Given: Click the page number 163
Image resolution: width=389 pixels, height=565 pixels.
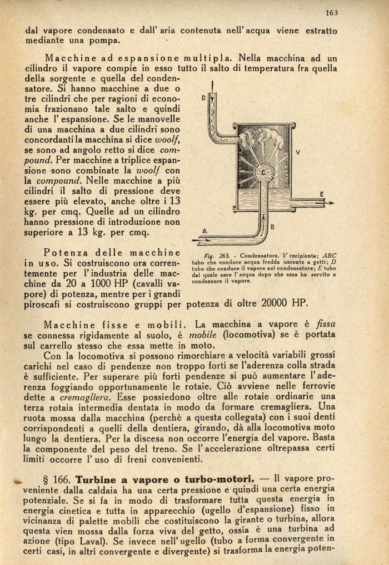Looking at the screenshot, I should point(332,12).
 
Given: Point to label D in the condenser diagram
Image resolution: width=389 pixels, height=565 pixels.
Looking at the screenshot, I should point(203,97).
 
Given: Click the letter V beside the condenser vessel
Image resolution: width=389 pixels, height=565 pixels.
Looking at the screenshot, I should point(298,151).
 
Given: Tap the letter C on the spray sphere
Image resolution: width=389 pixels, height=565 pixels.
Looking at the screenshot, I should point(263,173).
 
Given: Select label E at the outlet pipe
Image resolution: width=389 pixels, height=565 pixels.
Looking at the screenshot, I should point(321,193).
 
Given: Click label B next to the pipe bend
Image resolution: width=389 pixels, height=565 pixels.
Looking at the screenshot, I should point(272,227).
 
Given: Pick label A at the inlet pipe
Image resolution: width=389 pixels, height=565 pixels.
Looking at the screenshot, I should point(205,231).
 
